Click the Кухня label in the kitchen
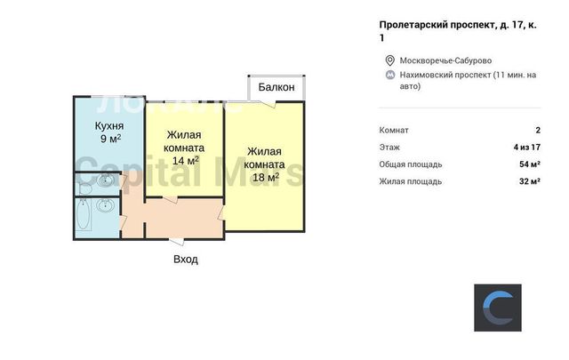pyautogui.click(x=109, y=126)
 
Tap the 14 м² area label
pyautogui.click(x=185, y=160)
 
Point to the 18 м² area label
pyautogui.click(x=266, y=177)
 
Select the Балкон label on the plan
pyautogui.click(x=276, y=87)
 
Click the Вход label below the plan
pyautogui.click(x=186, y=260)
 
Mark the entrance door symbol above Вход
pyautogui.click(x=177, y=242)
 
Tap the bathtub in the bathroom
pyautogui.click(x=83, y=215)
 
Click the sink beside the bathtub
pyautogui.click(x=105, y=205)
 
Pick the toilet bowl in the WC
pyautogui.click(x=85, y=188)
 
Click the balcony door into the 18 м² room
pyautogui.click(x=268, y=104)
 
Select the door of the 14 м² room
pyautogui.click(x=170, y=199)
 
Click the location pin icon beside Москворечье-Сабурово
pyautogui.click(x=389, y=60)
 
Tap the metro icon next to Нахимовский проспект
pyautogui.click(x=390, y=76)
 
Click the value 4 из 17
pyautogui.click(x=527, y=147)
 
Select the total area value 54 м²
pyautogui.click(x=530, y=164)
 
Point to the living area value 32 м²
pyautogui.click(x=530, y=181)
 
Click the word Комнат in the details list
pyautogui.click(x=394, y=130)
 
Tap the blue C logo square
pyautogui.click(x=498, y=308)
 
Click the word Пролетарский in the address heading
pyautogui.click(x=413, y=25)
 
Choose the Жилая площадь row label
pyautogui.click(x=411, y=181)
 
